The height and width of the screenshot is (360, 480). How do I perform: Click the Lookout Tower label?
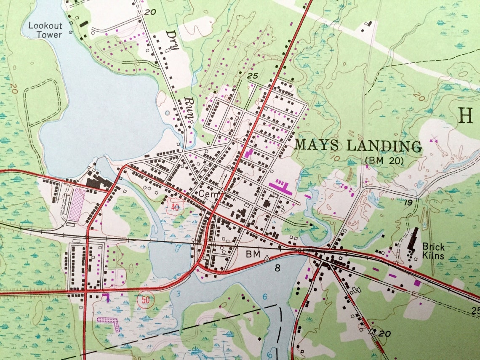click(x=45, y=30)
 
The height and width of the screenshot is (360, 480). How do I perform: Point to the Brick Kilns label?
click(x=434, y=251)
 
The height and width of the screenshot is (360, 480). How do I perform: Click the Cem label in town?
click(x=207, y=193)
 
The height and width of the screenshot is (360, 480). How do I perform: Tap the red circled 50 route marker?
click(x=145, y=300)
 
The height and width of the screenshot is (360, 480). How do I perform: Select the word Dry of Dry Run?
click(x=173, y=40)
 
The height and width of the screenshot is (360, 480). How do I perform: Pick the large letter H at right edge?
click(x=465, y=115)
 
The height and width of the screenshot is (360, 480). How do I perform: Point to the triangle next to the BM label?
click(x=267, y=258)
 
